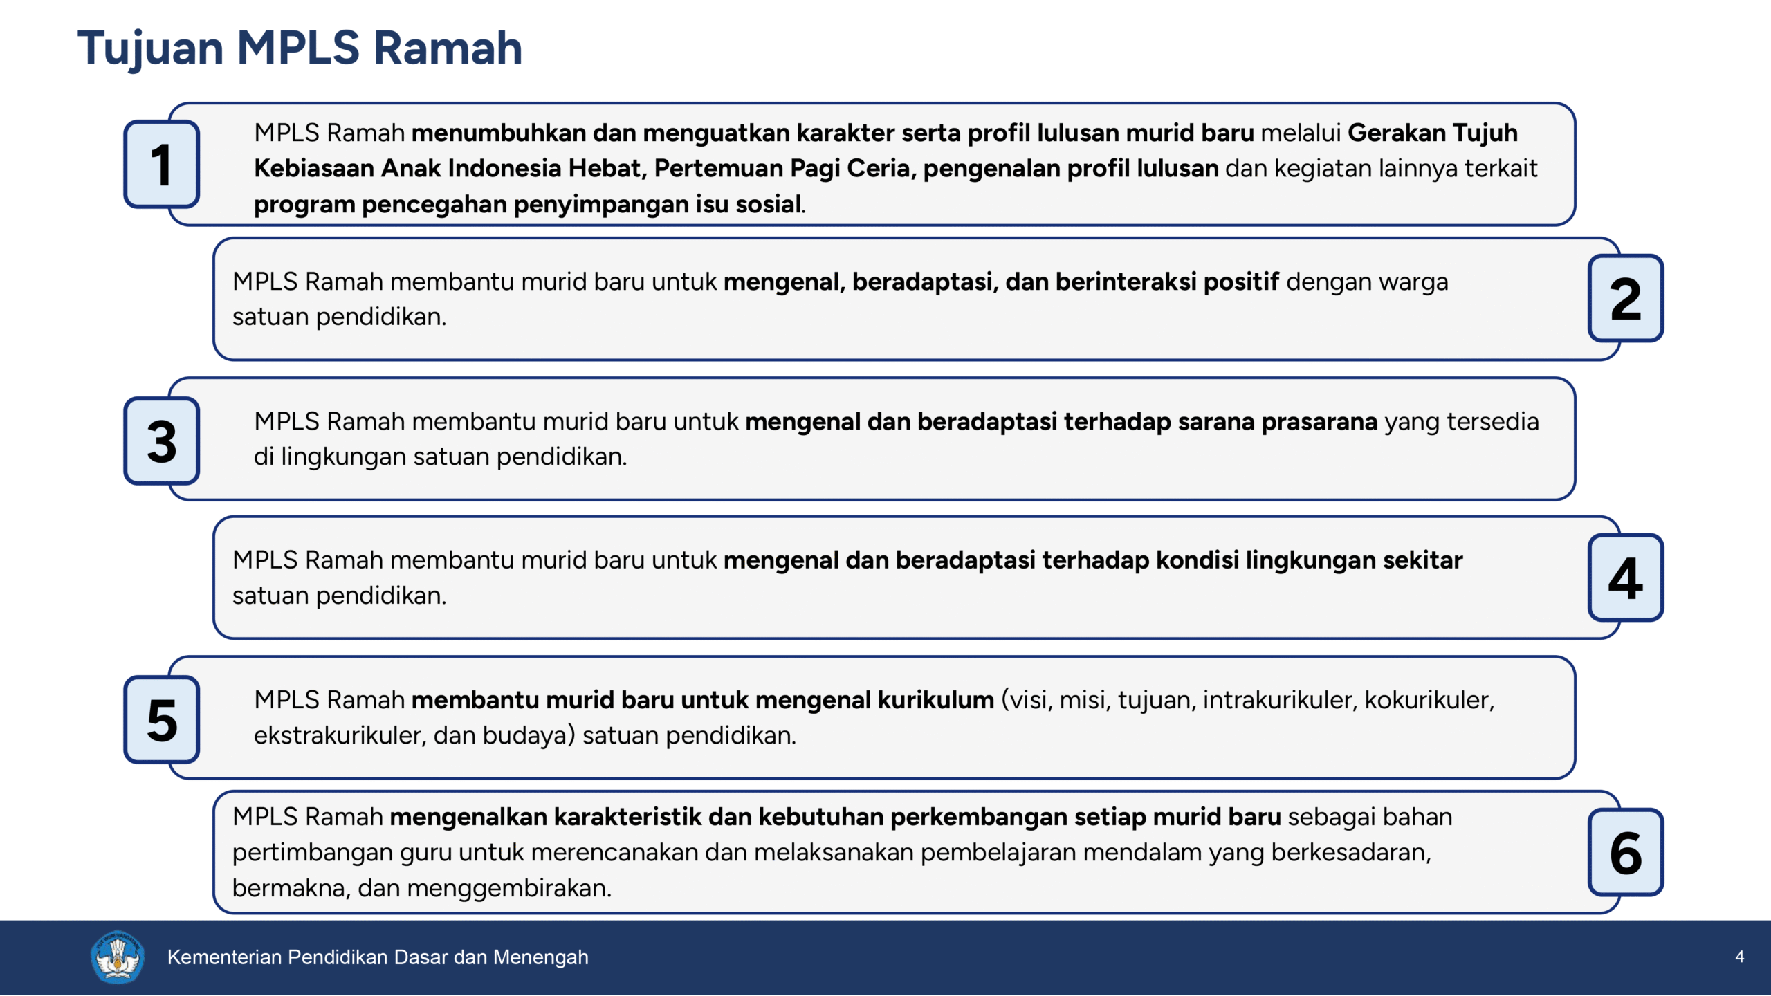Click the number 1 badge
162,165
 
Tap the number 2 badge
1625,299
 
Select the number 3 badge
162,441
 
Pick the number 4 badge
1625,578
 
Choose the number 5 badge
162,720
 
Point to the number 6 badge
1625,853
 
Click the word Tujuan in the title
151,48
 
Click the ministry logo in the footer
117,957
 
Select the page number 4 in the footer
1739,957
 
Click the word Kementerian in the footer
224,957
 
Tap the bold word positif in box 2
1241,282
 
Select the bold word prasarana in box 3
1319,421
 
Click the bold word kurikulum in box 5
935,700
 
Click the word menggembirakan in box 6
509,888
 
